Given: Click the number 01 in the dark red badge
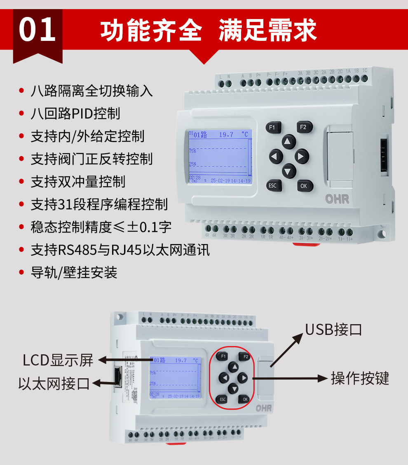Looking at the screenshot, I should pyautogui.click(x=38, y=30).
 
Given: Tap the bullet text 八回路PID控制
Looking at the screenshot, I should pyautogui.click(x=75, y=113).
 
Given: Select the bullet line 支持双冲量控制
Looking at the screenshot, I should pyautogui.click(x=78, y=181).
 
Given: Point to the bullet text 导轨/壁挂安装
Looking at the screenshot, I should pyautogui.click(x=74, y=272).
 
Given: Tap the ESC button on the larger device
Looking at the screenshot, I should pyautogui.click(x=272, y=185).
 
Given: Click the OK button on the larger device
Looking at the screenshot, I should pyautogui.click(x=304, y=186).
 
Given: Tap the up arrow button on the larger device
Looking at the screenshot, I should pyautogui.click(x=289, y=142).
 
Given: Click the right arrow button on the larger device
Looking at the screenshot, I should pyautogui.click(x=302, y=157).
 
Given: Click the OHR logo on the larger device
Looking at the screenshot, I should pyautogui.click(x=337, y=199).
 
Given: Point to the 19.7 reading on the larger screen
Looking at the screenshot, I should pyautogui.click(x=226, y=135).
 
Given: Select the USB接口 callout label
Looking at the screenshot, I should pyautogui.click(x=333, y=330).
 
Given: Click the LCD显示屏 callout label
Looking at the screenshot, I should pyautogui.click(x=58, y=360).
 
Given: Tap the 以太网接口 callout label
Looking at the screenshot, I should pyautogui.click(x=54, y=383).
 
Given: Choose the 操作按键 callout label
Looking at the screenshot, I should pyautogui.click(x=360, y=378).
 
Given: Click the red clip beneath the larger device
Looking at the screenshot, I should pyautogui.click(x=306, y=244).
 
